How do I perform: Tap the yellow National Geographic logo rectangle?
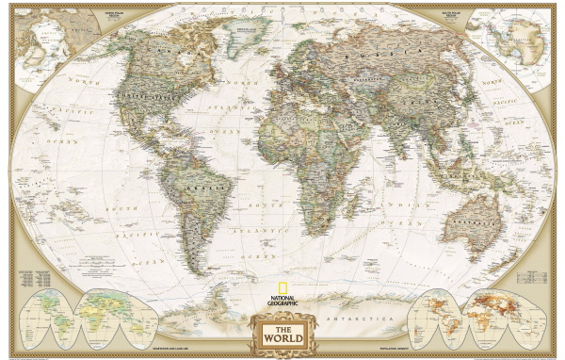(282, 280)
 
